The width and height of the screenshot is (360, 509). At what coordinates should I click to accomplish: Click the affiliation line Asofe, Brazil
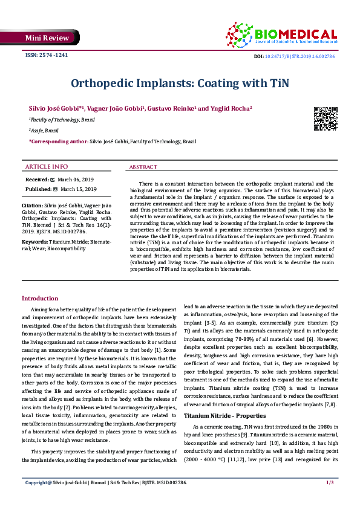(44, 130)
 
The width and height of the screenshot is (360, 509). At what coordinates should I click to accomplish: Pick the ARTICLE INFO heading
(47, 166)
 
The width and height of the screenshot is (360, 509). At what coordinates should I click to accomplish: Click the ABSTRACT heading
(143, 167)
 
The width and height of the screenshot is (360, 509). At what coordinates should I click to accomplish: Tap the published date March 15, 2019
(79, 189)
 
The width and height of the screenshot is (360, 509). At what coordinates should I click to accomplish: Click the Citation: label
(34, 205)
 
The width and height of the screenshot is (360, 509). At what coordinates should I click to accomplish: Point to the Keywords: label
(35, 242)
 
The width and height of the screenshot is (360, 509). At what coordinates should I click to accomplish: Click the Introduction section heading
(40, 299)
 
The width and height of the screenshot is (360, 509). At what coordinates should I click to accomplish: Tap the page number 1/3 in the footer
(330, 500)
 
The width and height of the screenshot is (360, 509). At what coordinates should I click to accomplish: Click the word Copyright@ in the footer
(38, 500)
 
